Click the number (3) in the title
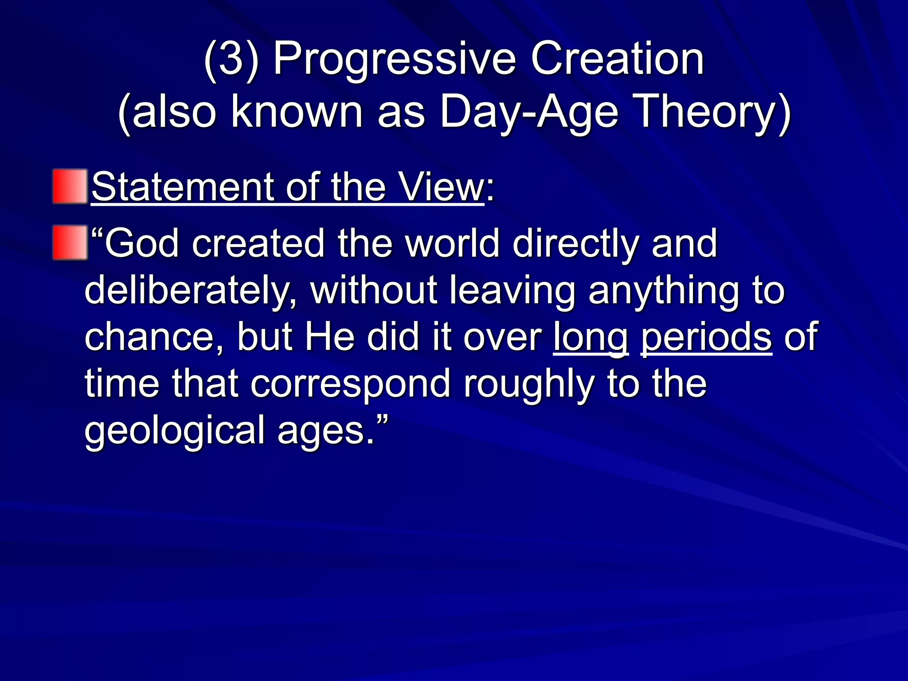tap(231, 60)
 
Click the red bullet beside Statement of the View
tap(70, 186)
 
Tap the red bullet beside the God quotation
tap(70, 243)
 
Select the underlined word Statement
tap(184, 188)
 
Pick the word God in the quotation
tap(142, 243)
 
